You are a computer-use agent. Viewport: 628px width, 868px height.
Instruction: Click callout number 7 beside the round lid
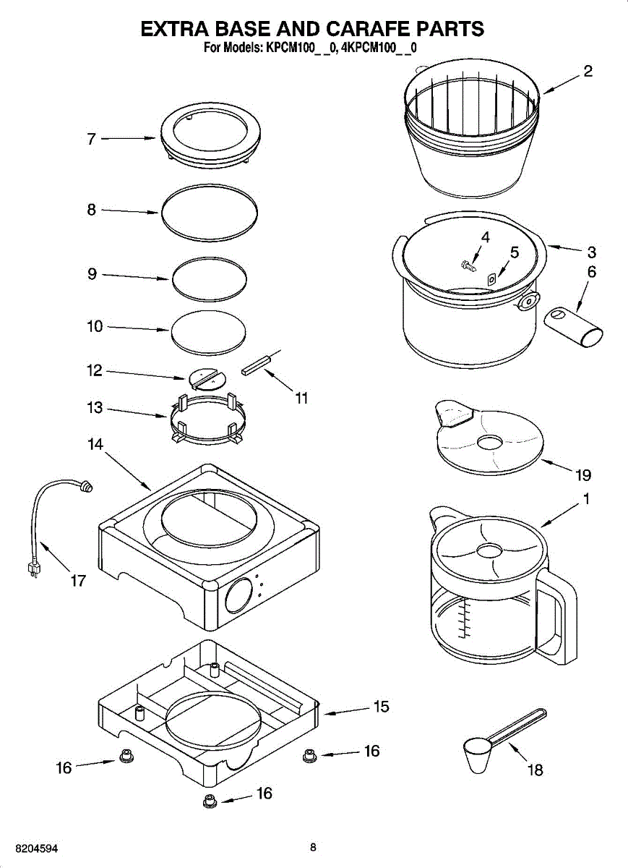pos(91,140)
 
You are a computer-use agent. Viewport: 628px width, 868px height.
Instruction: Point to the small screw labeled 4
pos(468,265)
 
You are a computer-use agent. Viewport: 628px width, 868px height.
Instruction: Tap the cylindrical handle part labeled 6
pos(572,325)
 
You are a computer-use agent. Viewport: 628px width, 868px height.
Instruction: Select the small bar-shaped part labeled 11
pos(257,366)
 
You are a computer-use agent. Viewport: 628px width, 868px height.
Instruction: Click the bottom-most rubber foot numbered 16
pos(210,801)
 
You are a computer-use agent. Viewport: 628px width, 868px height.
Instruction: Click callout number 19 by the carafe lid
pos(583,475)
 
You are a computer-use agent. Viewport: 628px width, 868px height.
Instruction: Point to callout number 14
pos(95,445)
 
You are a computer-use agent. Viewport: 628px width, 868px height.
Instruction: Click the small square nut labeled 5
pos(492,278)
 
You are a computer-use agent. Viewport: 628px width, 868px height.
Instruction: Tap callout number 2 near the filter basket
pos(588,71)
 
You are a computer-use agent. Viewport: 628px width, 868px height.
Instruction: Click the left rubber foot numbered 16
pos(125,757)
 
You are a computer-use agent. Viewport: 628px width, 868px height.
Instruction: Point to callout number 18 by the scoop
pos(535,770)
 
